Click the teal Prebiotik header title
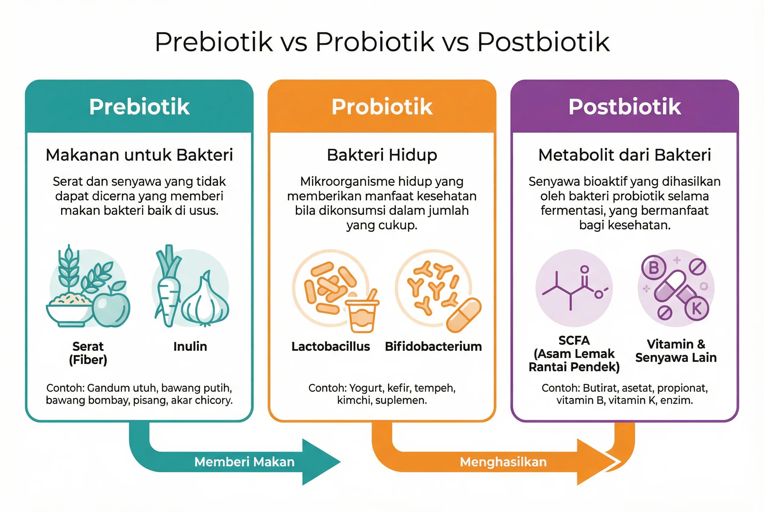pyautogui.click(x=139, y=107)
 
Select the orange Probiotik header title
pyautogui.click(x=382, y=107)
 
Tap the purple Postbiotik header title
pyautogui.click(x=624, y=107)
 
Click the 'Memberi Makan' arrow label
pyautogui.click(x=244, y=462)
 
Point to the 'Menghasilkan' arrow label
pyautogui.click(x=503, y=462)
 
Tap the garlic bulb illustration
pyautogui.click(x=205, y=302)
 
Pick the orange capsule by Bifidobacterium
pyautogui.click(x=464, y=315)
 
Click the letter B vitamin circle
pyautogui.click(x=653, y=268)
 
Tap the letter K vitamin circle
pyautogui.click(x=696, y=309)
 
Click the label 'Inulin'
pyautogui.click(x=190, y=347)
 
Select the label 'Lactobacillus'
pyautogui.click(x=331, y=347)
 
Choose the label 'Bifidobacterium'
pyautogui.click(x=433, y=347)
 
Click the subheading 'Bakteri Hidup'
pyautogui.click(x=382, y=155)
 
